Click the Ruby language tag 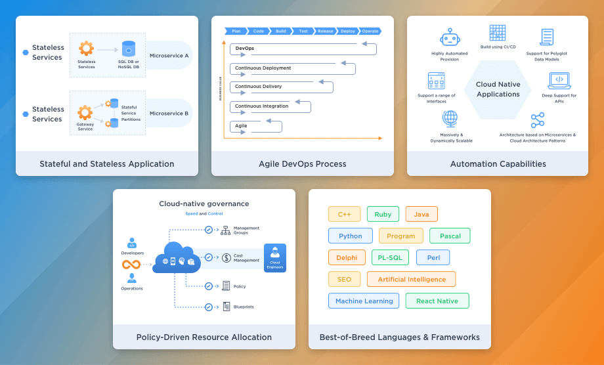pos(383,215)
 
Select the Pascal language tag pos(450,236)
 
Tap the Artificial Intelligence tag pos(412,280)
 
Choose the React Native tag pos(437,301)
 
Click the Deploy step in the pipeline pos(347,31)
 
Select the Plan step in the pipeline pos(236,31)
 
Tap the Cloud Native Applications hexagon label pos(498,89)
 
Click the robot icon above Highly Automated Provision pos(450,37)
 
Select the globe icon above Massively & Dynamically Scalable pos(450,118)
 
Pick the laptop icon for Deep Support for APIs pos(559,80)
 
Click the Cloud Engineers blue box pos(274,257)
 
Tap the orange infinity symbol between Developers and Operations pos(131,265)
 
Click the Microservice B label pos(169,114)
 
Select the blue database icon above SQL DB pos(128,49)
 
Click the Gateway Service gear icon pos(85,112)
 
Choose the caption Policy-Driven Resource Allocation pos(204,337)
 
